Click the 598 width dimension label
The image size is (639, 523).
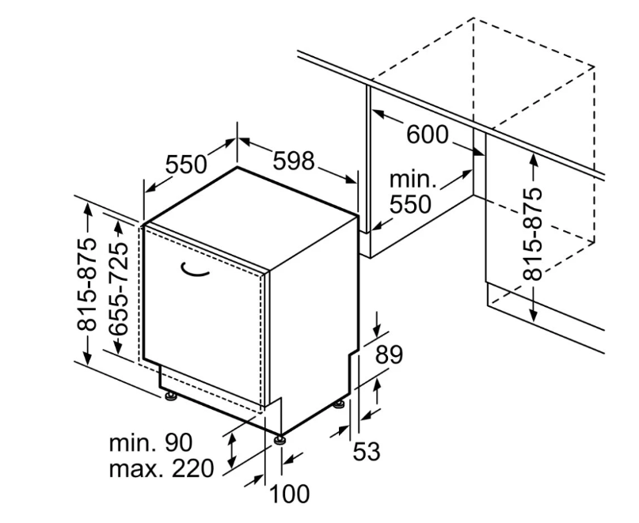(x=294, y=161)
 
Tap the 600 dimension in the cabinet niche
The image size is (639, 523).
(x=427, y=135)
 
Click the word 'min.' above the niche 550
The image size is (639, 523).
(x=412, y=180)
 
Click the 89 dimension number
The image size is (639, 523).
(x=389, y=354)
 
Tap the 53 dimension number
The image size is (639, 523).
(x=366, y=452)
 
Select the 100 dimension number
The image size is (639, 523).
(x=289, y=495)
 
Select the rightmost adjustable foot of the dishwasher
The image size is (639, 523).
(x=340, y=405)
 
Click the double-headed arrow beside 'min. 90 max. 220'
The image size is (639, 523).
(x=232, y=449)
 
